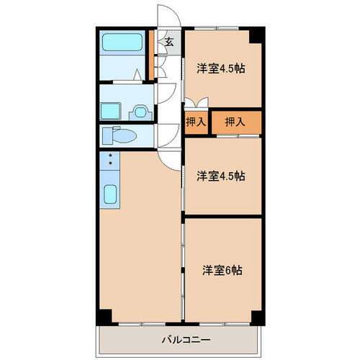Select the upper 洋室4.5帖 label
click(221, 68)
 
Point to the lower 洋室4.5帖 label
click(221, 175)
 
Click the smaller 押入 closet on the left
click(196, 122)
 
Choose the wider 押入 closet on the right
click(235, 122)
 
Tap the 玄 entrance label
click(169, 42)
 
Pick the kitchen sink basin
click(112, 194)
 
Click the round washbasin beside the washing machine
click(140, 112)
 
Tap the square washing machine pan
click(111, 112)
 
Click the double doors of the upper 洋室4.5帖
click(196, 102)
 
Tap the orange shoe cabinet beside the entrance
click(150, 55)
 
